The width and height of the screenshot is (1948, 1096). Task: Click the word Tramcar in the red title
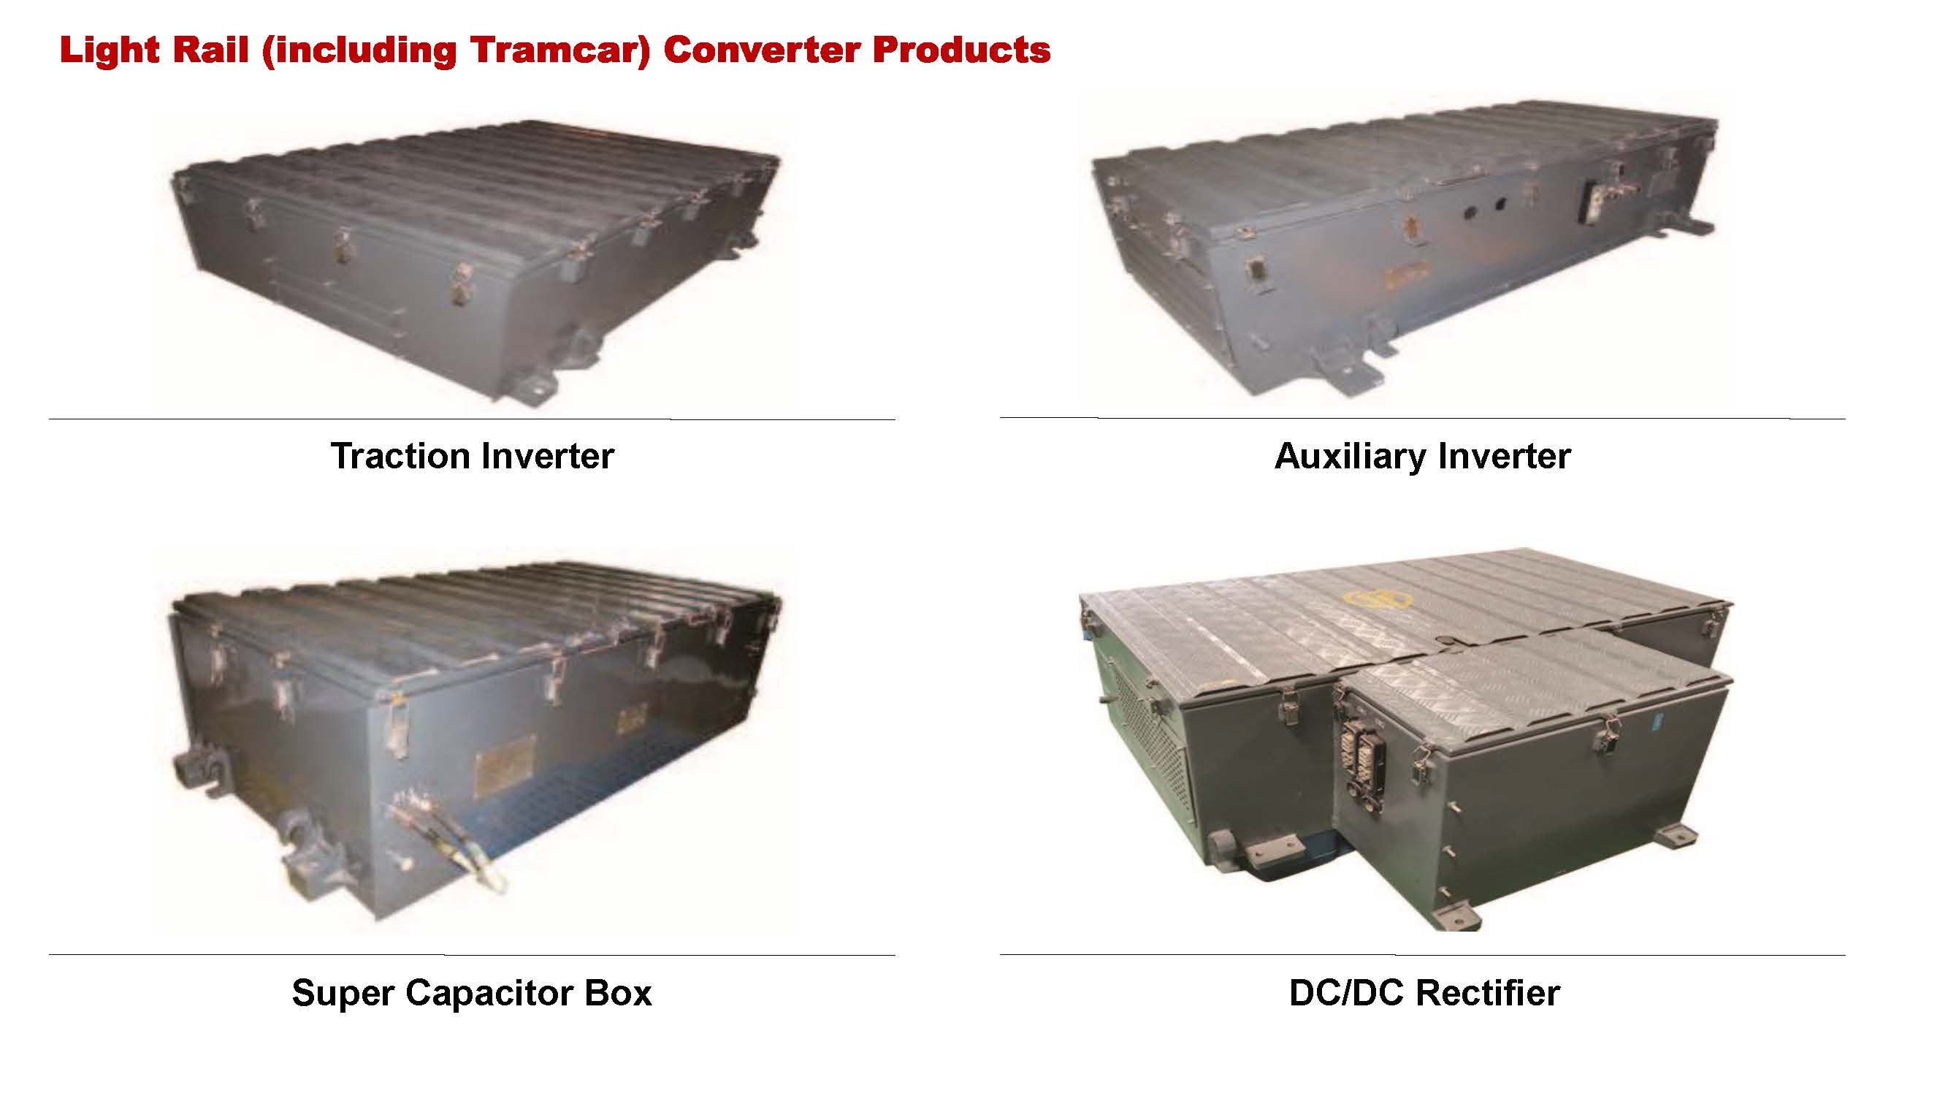point(560,50)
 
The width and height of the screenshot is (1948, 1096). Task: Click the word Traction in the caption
point(400,456)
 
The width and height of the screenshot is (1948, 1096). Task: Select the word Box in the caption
point(617,993)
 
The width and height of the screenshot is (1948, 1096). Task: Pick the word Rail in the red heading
point(210,50)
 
